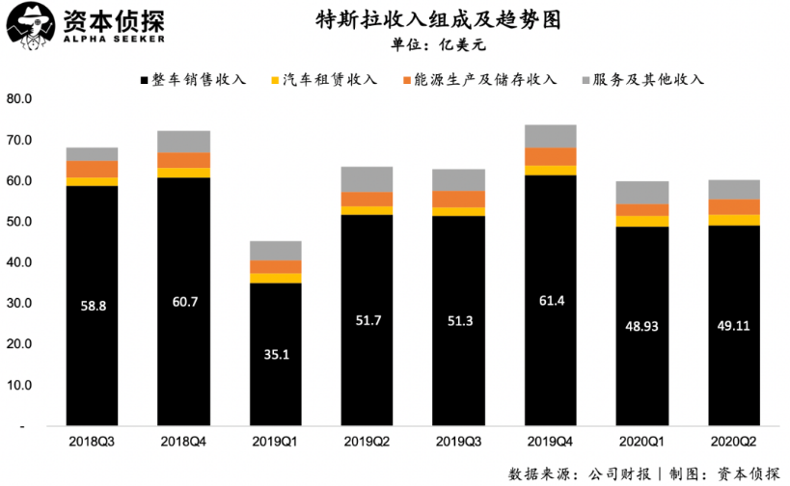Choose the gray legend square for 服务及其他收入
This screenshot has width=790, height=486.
[586, 80]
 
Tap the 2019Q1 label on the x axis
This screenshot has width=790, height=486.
[275, 441]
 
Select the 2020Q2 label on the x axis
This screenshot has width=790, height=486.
[734, 441]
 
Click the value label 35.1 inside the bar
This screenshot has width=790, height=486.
[275, 353]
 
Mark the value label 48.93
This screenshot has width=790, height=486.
[642, 327]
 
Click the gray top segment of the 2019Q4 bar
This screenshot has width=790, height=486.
[550, 136]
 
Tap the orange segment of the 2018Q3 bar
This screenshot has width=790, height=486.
[92, 169]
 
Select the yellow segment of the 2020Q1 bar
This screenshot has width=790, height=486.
[642, 222]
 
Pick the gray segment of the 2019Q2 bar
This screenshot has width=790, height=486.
[367, 179]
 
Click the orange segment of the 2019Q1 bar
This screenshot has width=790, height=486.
[275, 267]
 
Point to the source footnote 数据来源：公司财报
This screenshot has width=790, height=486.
[581, 473]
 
